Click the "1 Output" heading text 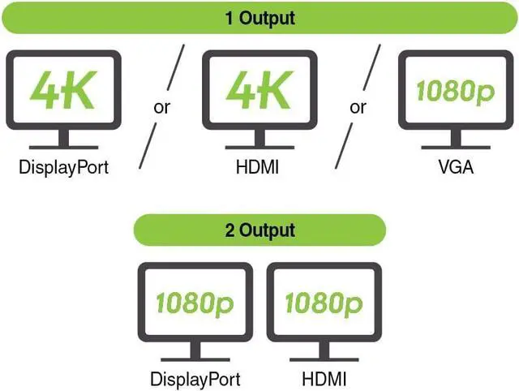coord(259,17)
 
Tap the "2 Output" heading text coord(259,230)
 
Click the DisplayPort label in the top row coord(62,169)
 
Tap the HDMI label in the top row coord(258,169)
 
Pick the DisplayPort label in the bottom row coord(195,379)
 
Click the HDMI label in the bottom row coord(323,379)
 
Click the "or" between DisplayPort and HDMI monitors coord(162,107)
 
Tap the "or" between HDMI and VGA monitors coord(358,107)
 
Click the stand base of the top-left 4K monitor coord(62,147)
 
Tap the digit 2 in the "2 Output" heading coord(230,230)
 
